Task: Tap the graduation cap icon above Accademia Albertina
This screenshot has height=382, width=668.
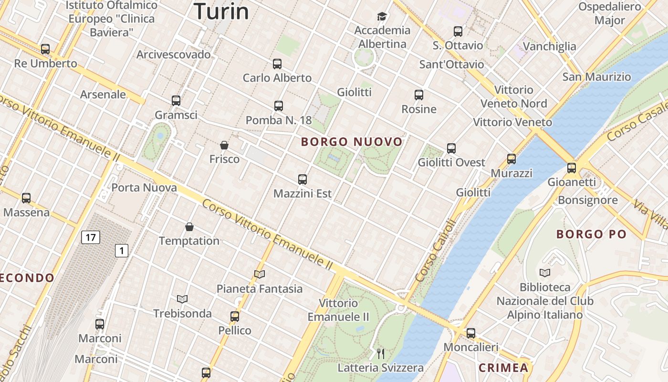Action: (x=382, y=17)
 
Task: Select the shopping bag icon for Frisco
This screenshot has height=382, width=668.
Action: (x=224, y=145)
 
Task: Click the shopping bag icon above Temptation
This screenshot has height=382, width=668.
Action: (x=189, y=227)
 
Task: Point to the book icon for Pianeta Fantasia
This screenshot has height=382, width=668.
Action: (x=260, y=275)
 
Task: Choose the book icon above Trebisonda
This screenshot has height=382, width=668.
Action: (x=182, y=299)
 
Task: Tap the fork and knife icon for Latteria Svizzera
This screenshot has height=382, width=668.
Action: (x=381, y=354)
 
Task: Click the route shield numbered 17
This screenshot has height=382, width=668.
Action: (x=90, y=237)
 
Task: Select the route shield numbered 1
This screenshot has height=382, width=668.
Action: (x=122, y=250)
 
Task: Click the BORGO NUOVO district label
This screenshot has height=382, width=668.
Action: (x=352, y=142)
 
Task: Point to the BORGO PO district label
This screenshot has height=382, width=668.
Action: (x=591, y=234)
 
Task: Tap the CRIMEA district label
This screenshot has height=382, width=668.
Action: (x=503, y=368)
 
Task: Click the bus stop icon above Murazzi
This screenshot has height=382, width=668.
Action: (x=511, y=159)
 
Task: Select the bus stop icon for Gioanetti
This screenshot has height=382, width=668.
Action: (x=572, y=168)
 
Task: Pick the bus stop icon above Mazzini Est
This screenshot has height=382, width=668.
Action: (x=303, y=180)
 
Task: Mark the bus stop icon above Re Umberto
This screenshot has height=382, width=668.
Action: (x=45, y=49)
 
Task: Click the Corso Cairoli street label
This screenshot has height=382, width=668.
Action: (x=436, y=250)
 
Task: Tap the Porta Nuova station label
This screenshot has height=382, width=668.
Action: (x=144, y=188)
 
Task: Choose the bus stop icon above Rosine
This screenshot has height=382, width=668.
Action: (x=419, y=95)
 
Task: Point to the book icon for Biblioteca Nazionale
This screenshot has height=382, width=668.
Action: (x=545, y=273)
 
